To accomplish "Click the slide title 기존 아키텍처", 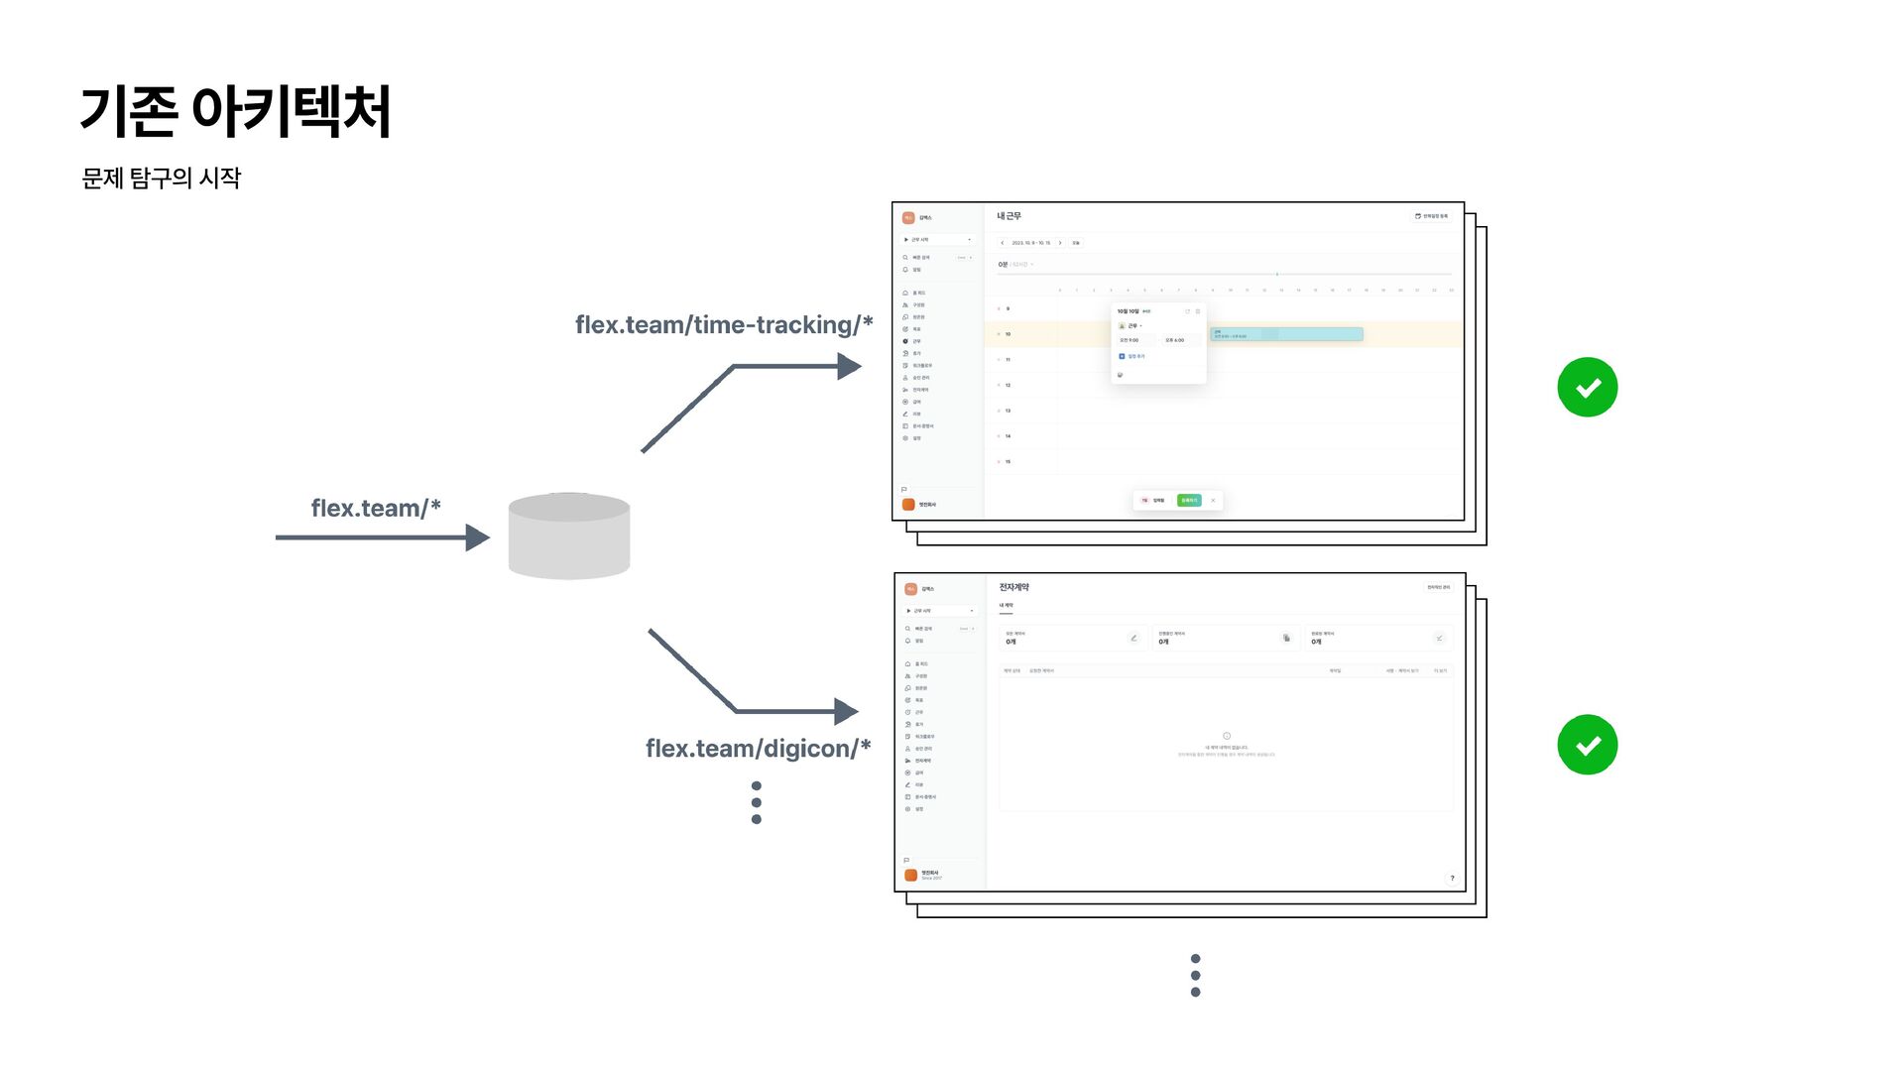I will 235,111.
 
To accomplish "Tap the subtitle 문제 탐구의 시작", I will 162,178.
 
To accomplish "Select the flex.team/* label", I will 375,509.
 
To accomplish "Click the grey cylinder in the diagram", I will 569,535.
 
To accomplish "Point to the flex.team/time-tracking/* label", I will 723,325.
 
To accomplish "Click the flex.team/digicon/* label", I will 758,749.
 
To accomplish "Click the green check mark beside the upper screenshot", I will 1587,387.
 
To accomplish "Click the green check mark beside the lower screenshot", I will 1587,745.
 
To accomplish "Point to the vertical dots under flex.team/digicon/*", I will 757,802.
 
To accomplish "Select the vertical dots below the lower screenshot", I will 1195,976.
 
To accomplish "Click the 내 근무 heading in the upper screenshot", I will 1009,216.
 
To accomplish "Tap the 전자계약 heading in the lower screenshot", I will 1013,587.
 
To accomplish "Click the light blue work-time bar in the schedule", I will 1286,334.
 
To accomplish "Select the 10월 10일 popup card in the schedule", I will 1158,342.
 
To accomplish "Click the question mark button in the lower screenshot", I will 1452,878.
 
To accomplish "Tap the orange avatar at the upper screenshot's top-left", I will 908,218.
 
